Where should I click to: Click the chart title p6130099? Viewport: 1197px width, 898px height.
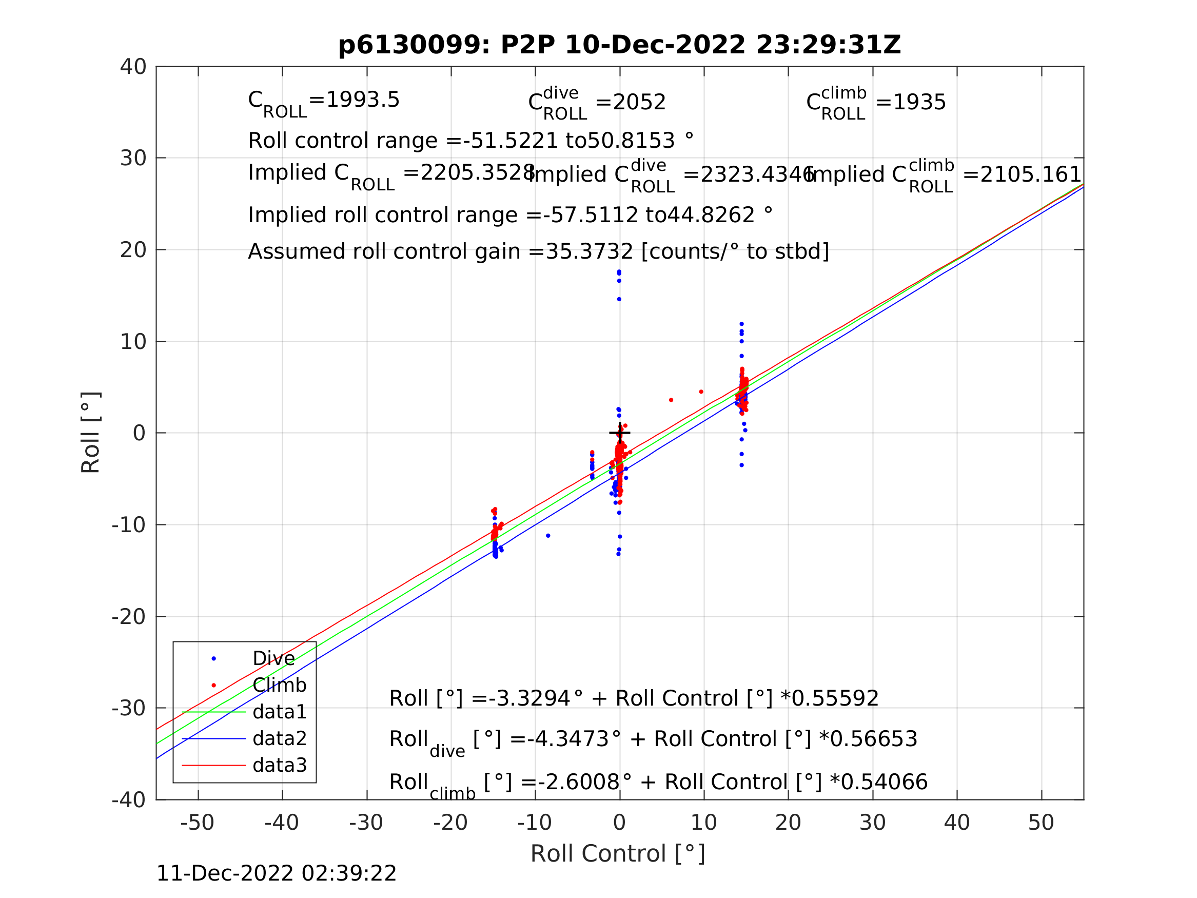tap(619, 45)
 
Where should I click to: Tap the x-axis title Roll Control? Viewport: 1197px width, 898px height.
tap(617, 854)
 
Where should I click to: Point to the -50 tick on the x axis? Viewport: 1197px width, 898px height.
tap(198, 823)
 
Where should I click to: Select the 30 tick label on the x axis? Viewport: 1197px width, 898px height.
tap(872, 823)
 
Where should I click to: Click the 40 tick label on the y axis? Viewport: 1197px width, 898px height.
tap(133, 67)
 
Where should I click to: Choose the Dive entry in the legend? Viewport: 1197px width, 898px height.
tap(273, 659)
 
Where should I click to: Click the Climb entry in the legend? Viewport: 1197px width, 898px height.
tap(279, 685)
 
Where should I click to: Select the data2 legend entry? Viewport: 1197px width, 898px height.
tap(279, 738)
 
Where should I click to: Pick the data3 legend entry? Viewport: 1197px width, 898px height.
tap(279, 765)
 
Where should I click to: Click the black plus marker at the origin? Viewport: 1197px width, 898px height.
tap(620, 433)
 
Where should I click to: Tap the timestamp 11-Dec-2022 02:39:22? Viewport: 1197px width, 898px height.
tap(276, 873)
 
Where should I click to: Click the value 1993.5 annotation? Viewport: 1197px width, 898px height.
tap(363, 100)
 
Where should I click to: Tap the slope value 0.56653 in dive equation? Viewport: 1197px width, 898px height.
tap(873, 739)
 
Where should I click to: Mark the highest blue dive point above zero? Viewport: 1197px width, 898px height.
tap(619, 272)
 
